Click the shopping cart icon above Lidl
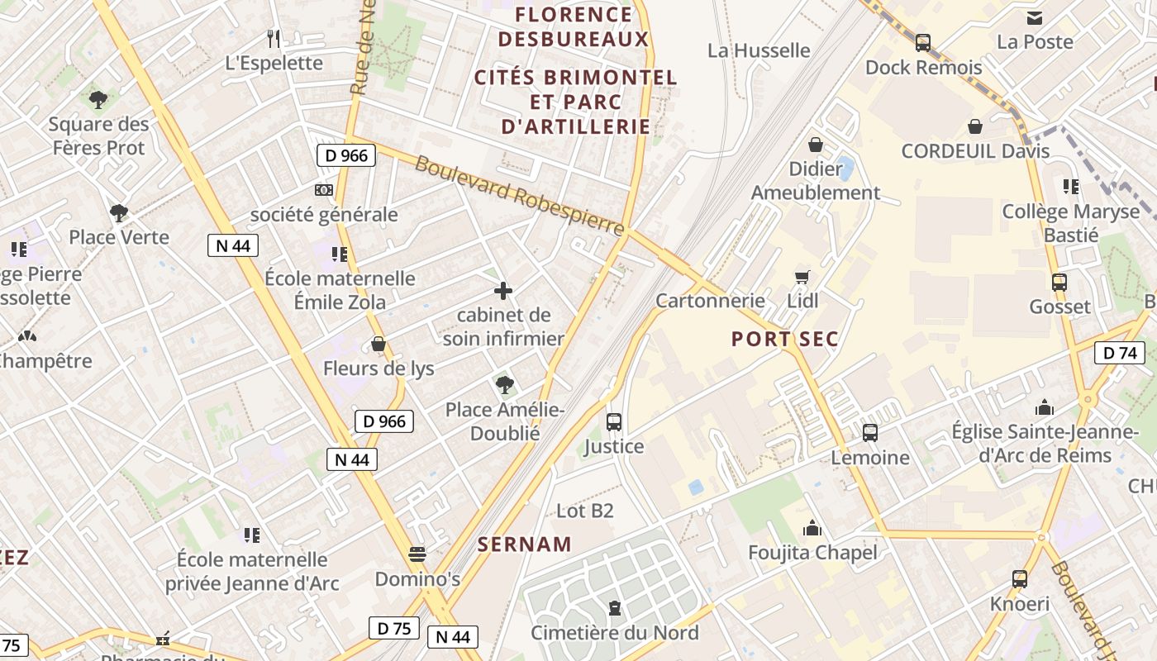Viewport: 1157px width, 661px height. pos(802,277)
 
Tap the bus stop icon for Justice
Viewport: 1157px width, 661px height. pos(614,421)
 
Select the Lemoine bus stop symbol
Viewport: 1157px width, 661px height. pos(869,432)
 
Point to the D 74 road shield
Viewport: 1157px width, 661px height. pos(1120,353)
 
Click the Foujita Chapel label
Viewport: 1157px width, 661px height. pos(812,552)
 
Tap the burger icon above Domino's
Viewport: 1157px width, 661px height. pos(417,554)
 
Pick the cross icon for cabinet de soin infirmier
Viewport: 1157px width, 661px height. pos(503,291)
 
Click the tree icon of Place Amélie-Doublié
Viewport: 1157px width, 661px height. pos(504,384)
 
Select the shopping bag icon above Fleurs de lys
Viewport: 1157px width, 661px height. pos(379,344)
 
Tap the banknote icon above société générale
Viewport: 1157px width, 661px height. pos(324,190)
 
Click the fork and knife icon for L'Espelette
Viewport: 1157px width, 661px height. pos(274,38)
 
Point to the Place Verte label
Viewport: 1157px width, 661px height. pos(119,237)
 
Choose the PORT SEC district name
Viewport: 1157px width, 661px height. pos(784,339)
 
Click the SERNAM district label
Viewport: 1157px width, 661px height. pos(525,544)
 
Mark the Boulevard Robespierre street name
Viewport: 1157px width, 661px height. pos(519,196)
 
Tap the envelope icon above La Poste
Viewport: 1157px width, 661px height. pos(1034,17)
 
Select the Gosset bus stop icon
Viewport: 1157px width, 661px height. pos(1059,282)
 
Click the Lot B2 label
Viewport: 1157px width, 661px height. pos(585,511)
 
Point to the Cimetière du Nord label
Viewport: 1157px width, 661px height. pos(614,633)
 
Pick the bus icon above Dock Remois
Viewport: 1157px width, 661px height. pos(923,43)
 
